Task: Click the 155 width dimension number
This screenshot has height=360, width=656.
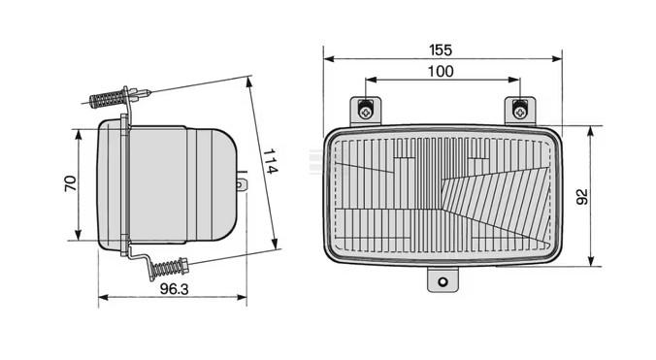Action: click(x=441, y=49)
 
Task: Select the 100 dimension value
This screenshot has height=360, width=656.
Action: click(x=441, y=72)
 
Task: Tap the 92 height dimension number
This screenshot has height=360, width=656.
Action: click(x=582, y=197)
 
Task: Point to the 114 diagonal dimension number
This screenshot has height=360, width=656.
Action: click(x=270, y=161)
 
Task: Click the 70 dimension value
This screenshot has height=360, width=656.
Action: click(x=71, y=183)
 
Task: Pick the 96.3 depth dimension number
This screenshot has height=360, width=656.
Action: click(x=174, y=288)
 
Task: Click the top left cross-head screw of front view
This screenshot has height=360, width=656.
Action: click(x=366, y=112)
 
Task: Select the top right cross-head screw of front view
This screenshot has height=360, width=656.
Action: click(x=520, y=112)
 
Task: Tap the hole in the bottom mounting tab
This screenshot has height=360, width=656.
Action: click(x=443, y=281)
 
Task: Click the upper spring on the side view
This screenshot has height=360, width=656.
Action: click(x=107, y=99)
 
